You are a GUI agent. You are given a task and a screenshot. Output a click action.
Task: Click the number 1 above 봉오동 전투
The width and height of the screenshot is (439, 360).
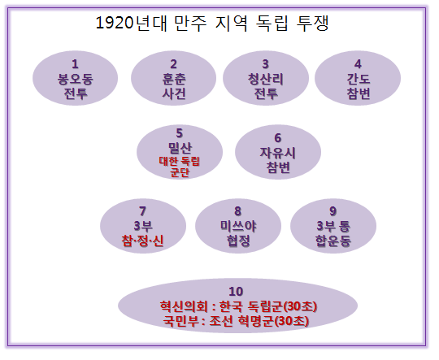coord(75,64)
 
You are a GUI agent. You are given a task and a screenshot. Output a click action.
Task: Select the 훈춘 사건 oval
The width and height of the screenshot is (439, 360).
coord(174,78)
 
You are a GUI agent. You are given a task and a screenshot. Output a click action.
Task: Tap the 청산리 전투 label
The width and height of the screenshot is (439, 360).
coord(265,86)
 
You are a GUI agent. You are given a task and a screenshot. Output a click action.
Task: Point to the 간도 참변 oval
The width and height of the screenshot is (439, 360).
coord(358,78)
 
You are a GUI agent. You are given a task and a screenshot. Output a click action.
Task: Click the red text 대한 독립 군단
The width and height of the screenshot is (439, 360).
coord(179,167)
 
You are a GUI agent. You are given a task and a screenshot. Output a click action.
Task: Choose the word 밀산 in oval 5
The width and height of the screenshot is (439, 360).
coord(180,148)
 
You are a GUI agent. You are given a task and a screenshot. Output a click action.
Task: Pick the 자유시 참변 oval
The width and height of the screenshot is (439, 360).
coord(278,152)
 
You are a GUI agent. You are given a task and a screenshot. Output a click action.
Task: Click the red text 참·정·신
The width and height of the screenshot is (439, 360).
coord(142,241)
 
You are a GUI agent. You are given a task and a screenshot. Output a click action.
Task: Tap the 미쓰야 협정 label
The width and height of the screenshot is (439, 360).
coord(238,233)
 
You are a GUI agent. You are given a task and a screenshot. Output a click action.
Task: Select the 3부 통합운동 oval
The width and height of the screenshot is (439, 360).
coord(333,226)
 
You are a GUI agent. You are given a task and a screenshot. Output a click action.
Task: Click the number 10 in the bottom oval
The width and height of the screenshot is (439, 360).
coord(236,292)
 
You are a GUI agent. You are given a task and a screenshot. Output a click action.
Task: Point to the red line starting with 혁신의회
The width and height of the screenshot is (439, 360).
coord(238,306)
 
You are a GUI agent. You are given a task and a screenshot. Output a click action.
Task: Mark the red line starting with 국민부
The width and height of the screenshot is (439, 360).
coord(236,321)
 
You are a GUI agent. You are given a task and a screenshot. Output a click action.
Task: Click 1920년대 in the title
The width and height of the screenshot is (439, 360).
coord(132,23)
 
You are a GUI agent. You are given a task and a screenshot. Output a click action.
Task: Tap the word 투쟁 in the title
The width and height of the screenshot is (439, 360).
coord(312,23)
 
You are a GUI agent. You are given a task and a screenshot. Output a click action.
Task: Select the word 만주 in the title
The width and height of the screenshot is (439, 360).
coord(190,23)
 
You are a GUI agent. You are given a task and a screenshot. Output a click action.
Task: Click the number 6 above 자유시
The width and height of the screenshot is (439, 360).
coord(277,138)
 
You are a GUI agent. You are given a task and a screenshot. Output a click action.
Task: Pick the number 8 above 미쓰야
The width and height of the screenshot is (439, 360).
coord(237,211)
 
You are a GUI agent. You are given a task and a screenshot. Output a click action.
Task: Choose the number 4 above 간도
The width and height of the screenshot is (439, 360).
coord(358,64)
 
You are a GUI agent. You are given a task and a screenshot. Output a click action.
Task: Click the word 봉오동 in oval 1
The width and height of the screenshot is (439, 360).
coord(75,79)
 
